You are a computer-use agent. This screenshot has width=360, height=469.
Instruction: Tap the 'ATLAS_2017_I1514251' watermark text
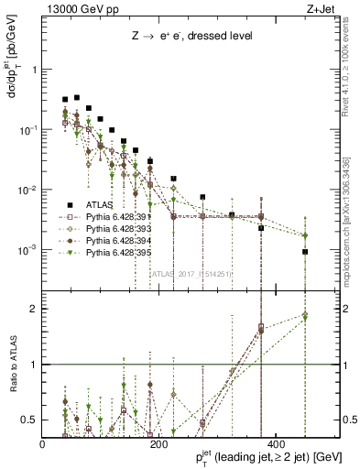pyautogui.click(x=191, y=273)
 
